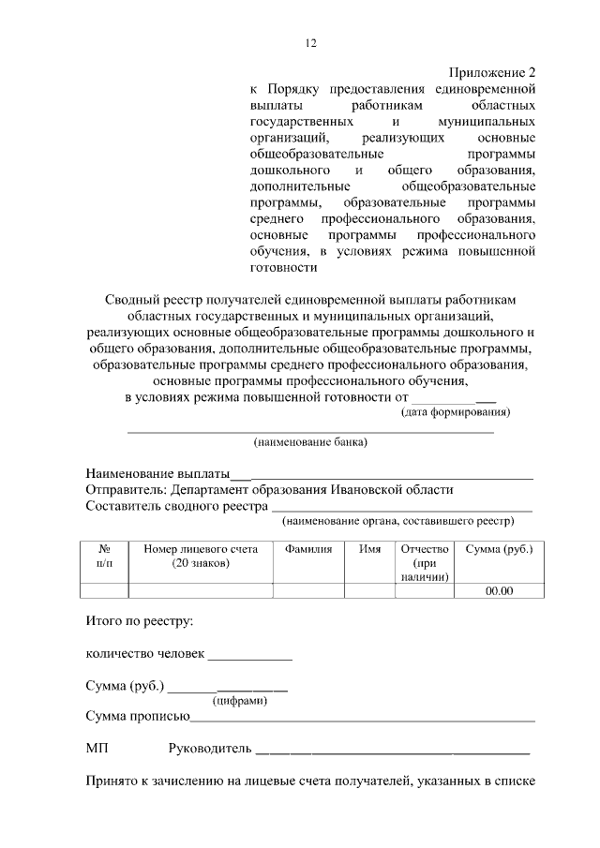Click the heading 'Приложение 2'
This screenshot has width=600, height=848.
point(491,72)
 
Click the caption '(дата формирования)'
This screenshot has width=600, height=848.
point(456,411)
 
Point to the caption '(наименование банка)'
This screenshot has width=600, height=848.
point(310,441)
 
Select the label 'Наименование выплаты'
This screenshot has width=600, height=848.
point(157,472)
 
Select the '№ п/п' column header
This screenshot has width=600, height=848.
point(104,556)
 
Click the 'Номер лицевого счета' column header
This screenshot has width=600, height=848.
point(201,556)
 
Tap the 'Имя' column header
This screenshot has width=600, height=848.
point(369,549)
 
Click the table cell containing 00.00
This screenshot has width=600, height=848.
point(499,590)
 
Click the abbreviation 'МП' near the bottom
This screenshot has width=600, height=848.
point(97,749)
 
